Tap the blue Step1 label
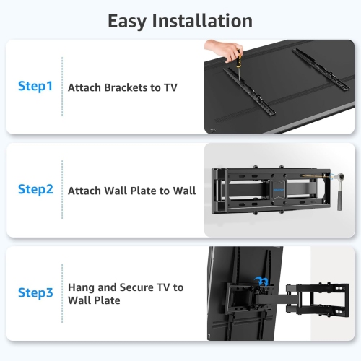35,87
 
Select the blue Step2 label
35,190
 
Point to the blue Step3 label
35,292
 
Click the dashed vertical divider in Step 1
62,87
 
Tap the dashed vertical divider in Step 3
62,292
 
